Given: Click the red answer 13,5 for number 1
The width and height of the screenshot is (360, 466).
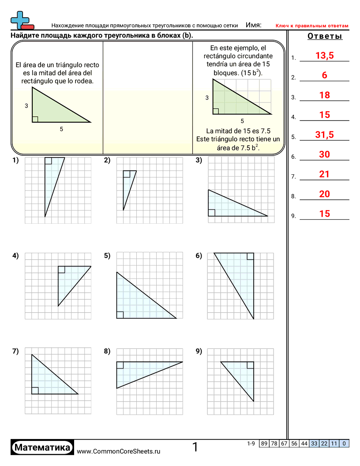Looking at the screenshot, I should (x=324, y=56).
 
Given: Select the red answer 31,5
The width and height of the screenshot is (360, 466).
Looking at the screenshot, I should (x=324, y=135).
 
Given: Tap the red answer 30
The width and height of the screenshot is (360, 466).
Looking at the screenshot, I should (x=324, y=154).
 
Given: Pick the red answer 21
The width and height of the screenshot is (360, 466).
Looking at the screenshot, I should (x=324, y=174).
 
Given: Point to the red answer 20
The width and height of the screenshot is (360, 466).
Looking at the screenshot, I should (x=324, y=194).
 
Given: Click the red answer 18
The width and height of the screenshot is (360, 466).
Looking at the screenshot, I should (x=324, y=95).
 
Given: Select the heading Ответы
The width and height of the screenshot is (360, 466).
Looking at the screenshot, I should (x=325, y=36).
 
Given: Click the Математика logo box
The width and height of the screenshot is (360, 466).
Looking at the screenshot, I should (x=42, y=448).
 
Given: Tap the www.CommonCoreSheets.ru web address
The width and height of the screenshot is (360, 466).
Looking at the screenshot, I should (x=119, y=451).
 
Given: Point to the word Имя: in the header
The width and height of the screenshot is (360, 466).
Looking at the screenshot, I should (x=253, y=26).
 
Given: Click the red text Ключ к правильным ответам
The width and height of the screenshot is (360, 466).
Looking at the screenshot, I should (x=312, y=26).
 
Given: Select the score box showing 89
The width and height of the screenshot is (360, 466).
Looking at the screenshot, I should (x=264, y=443).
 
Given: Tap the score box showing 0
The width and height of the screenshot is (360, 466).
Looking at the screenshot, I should (x=344, y=443).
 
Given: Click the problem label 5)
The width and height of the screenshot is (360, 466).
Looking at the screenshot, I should (x=107, y=256).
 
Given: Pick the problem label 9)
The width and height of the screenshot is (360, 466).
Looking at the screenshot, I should (x=199, y=351).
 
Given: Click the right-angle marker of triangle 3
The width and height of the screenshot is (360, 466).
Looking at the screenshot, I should (x=211, y=213).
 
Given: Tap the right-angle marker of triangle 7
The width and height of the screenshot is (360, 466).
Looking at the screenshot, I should (x=35, y=391).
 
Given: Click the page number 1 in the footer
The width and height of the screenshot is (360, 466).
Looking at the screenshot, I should (x=195, y=447).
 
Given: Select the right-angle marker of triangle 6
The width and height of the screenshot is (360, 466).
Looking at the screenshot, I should (x=251, y=256).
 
